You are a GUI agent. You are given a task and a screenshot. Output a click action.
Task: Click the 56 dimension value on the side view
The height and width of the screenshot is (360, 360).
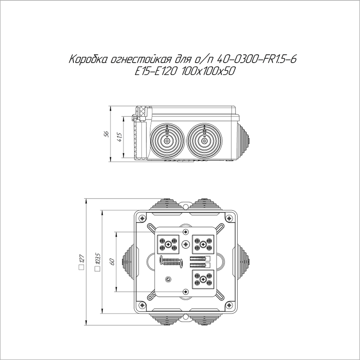point(107,134)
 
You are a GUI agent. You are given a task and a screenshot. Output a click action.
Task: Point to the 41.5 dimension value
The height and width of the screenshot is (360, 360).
point(119,137)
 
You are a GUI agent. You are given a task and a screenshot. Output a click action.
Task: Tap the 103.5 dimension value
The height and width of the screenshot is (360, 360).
point(97,261)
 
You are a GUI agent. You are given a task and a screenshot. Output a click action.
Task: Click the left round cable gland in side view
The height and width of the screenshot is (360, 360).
point(167,141)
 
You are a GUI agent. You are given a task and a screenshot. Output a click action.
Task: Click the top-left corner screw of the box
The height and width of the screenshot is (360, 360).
point(142,219)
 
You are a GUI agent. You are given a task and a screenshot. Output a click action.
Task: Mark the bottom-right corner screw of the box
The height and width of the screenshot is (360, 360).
point(229,307)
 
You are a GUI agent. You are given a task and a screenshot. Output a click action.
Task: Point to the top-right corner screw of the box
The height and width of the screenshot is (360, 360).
point(229,219)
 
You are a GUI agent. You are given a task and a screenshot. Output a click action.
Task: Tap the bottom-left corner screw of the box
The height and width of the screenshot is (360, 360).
point(142,307)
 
